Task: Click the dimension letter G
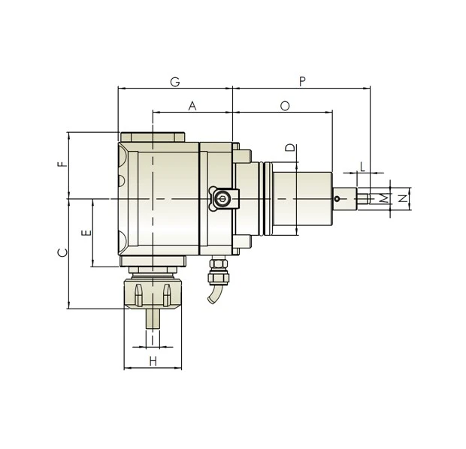[174, 80]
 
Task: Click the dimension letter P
[302, 80]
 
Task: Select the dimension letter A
[192, 107]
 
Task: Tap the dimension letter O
[285, 107]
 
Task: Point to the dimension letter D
[290, 149]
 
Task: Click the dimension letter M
[383, 198]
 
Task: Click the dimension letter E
[86, 233]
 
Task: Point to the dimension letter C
[63, 252]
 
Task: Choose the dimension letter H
[153, 361]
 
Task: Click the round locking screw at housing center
[222, 199]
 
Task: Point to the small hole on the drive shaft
[338, 199]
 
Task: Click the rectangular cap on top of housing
[153, 137]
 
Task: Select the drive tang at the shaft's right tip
[362, 199]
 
